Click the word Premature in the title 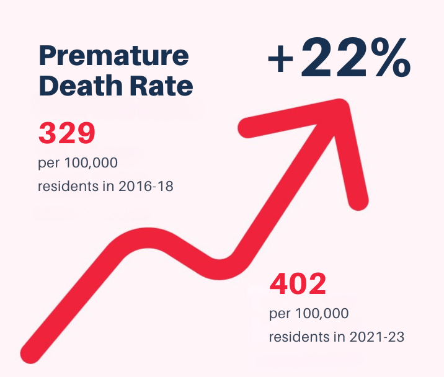coord(113,56)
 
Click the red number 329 coord(66,132)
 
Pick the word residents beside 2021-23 coord(298,337)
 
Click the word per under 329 coord(47,164)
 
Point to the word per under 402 coord(278,315)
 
